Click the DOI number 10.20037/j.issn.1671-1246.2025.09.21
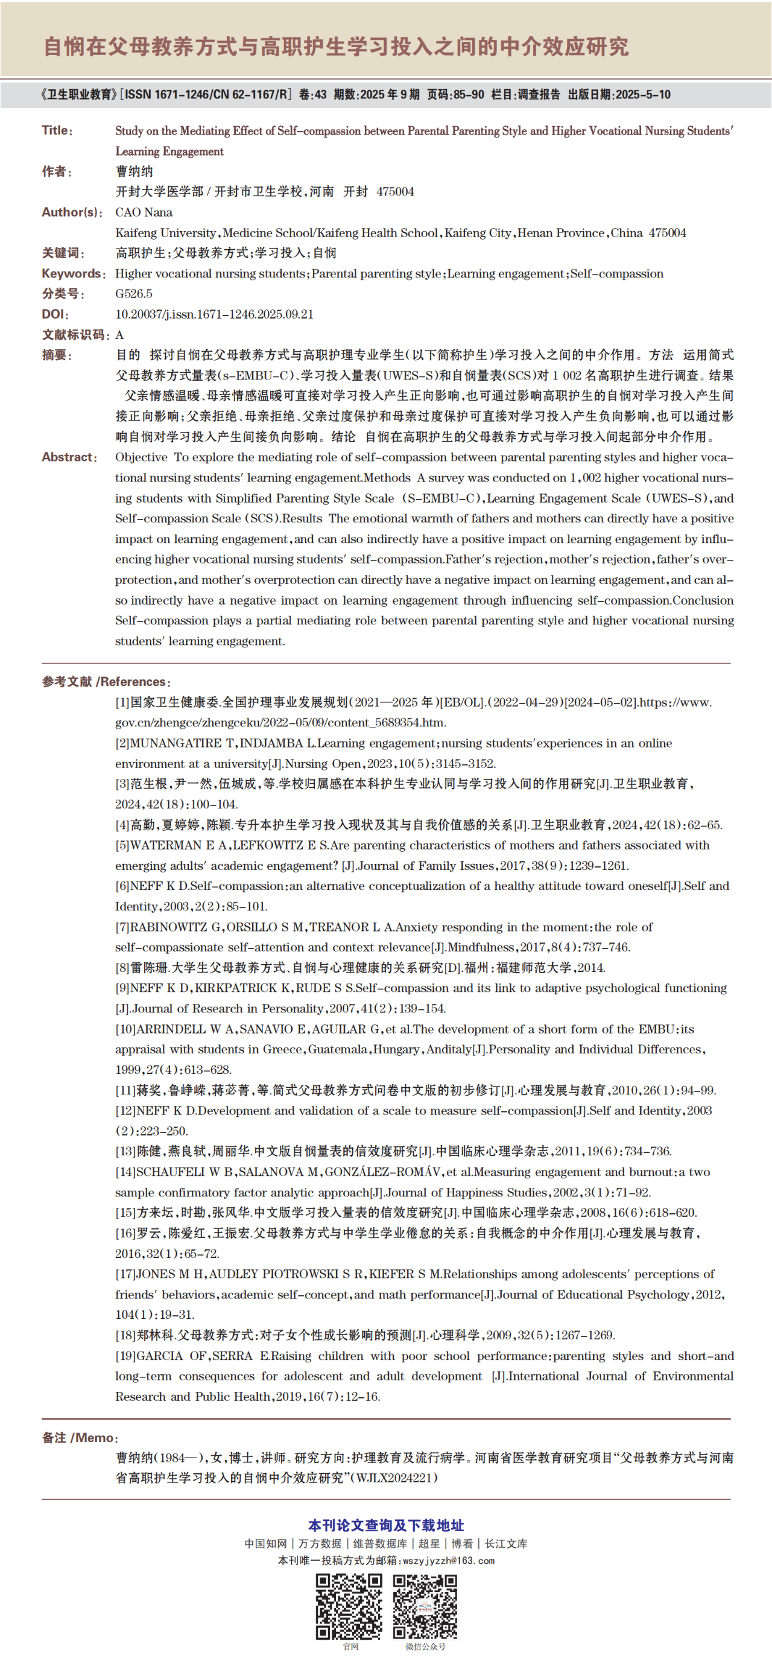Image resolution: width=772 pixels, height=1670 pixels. click(x=214, y=314)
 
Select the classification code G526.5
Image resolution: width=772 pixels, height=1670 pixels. click(x=133, y=294)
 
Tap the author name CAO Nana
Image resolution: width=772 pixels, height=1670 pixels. click(x=144, y=212)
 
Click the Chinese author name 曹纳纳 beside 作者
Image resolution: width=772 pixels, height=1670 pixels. click(x=134, y=171)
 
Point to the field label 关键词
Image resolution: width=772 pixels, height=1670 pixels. click(x=63, y=253)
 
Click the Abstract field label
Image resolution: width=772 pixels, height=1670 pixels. click(x=69, y=457)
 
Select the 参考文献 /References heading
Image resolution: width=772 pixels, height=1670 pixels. click(x=106, y=682)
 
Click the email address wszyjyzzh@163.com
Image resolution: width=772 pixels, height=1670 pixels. click(x=449, y=1560)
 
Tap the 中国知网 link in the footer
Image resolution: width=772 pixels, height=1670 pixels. click(x=265, y=1543)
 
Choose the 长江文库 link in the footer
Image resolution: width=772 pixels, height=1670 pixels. click(x=506, y=1543)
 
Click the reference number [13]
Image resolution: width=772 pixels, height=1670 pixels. click(x=125, y=1151)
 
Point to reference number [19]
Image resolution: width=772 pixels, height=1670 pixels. click(x=125, y=1356)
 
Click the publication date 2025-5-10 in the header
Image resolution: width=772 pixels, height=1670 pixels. click(x=642, y=95)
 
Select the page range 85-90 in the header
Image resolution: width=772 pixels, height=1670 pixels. click(x=468, y=95)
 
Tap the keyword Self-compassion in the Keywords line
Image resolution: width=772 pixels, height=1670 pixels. click(x=616, y=273)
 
